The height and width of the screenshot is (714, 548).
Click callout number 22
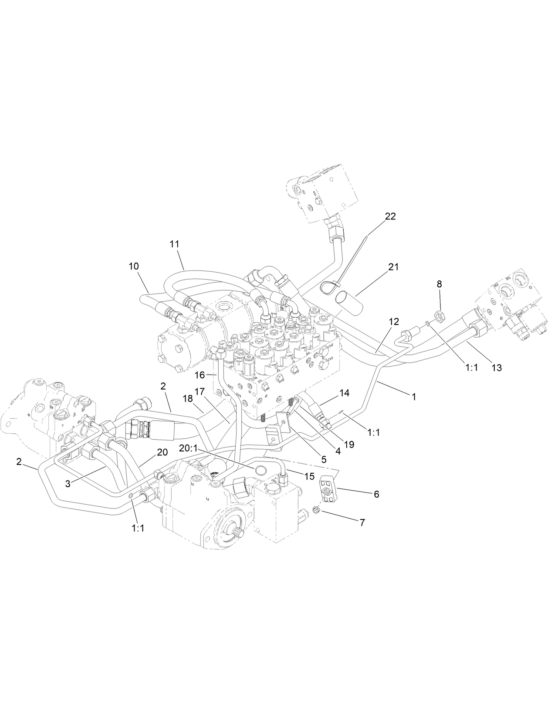click(x=390, y=216)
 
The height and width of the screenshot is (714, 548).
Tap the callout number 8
click(x=439, y=284)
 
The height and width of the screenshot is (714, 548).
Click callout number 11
click(x=174, y=244)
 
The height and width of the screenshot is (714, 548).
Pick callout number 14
click(x=344, y=393)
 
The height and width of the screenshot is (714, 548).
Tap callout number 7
click(x=362, y=522)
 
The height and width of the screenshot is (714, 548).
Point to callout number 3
click(x=68, y=484)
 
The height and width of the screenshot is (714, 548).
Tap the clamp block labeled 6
click(x=329, y=491)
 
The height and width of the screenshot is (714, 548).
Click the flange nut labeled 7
click(x=317, y=509)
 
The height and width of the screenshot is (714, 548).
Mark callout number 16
click(x=199, y=375)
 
